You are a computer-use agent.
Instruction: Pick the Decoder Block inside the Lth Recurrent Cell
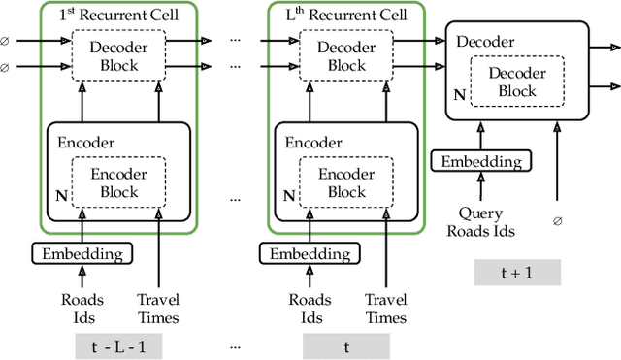point(346,57)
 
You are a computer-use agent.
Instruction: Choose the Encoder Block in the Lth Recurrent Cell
point(346,182)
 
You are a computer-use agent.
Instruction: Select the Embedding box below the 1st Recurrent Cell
point(82,254)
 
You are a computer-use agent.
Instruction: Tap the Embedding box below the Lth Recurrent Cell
point(309,254)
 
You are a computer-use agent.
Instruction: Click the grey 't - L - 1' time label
point(116,345)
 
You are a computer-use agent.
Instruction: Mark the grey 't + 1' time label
point(516,273)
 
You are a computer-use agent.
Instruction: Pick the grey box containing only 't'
point(344,345)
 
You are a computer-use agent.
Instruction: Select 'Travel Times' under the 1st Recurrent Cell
point(158,309)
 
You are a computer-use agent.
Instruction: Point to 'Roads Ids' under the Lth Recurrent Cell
point(309,309)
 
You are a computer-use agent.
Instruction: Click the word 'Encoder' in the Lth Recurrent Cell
point(312,142)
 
